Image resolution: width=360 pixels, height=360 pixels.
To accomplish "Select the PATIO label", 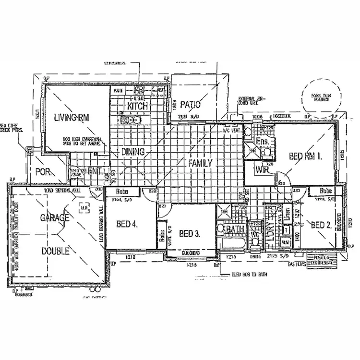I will [191, 105].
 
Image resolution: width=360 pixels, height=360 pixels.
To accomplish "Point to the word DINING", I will [132, 152].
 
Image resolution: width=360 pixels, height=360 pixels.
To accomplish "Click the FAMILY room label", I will [200, 163].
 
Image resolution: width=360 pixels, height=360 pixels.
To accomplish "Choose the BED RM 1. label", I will [305, 156].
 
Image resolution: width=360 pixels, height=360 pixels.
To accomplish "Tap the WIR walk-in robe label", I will [262, 169].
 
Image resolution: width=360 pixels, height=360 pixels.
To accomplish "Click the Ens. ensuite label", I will [262, 142].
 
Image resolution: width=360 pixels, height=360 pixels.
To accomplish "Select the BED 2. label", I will [321, 225].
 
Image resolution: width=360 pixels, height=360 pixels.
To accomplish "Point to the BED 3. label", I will [189, 234].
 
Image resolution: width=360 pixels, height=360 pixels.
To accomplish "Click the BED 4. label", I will [127, 223].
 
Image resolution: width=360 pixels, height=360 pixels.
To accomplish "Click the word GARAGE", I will [55, 217].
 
